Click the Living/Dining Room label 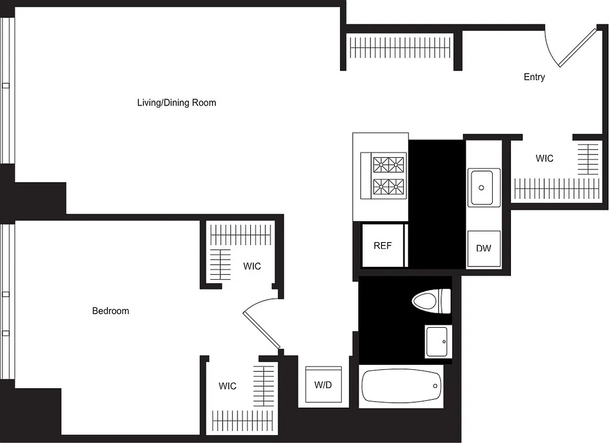[177, 102]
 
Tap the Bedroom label [110, 311]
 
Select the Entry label [534, 77]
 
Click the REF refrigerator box [383, 245]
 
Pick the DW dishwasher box [483, 248]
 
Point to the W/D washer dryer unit [323, 384]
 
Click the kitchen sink [484, 187]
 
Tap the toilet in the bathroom [431, 301]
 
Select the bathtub [401, 386]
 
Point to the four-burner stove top [389, 174]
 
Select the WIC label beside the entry [544, 158]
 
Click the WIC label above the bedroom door [252, 266]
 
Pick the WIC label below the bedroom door [227, 386]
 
